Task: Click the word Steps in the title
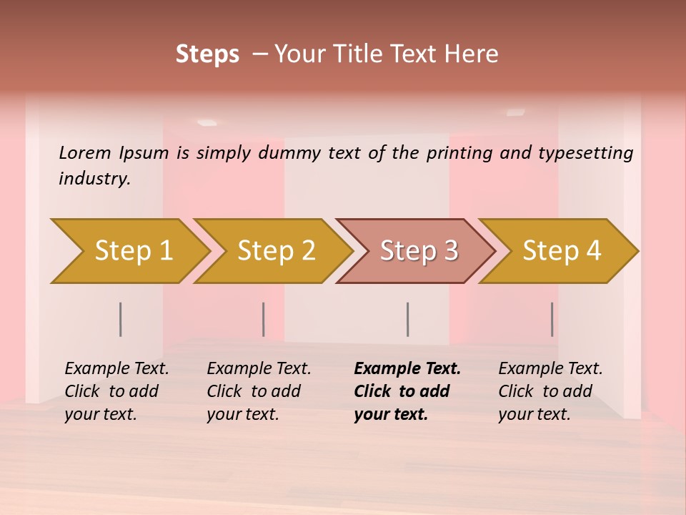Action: click(207, 54)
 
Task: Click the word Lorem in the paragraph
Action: click(85, 152)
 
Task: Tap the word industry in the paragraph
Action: click(94, 178)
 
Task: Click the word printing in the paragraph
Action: click(459, 152)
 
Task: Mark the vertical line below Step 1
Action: click(120, 319)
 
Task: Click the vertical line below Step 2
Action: click(263, 319)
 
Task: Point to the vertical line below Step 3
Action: click(407, 319)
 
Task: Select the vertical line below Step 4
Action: click(552, 319)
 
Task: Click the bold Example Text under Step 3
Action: click(407, 368)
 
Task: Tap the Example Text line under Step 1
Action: click(116, 368)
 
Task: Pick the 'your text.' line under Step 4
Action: click(534, 414)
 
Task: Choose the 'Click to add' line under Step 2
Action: click(254, 391)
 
